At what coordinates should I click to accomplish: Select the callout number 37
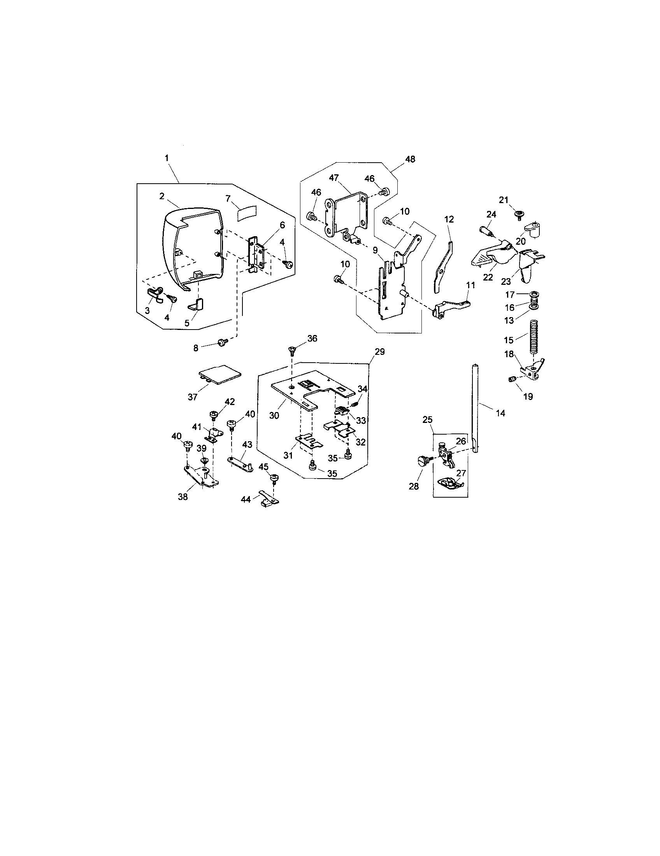[x=192, y=396]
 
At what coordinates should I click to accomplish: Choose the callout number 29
[x=379, y=352]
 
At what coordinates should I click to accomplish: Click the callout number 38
[x=183, y=497]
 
